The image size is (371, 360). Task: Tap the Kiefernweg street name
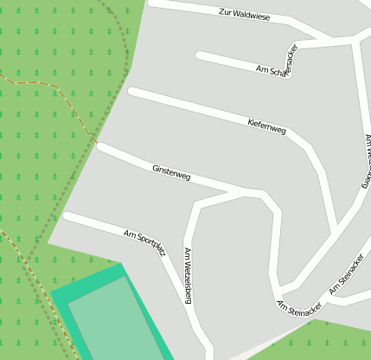tap(266, 125)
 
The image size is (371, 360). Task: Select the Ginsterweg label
tap(170, 172)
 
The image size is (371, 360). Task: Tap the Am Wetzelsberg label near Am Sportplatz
tap(188, 276)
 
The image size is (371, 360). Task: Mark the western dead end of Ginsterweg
tap(101, 147)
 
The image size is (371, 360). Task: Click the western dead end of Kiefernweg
tap(132, 91)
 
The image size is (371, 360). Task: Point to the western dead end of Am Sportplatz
tap(67, 215)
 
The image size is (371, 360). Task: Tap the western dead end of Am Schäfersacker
tap(201, 55)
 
